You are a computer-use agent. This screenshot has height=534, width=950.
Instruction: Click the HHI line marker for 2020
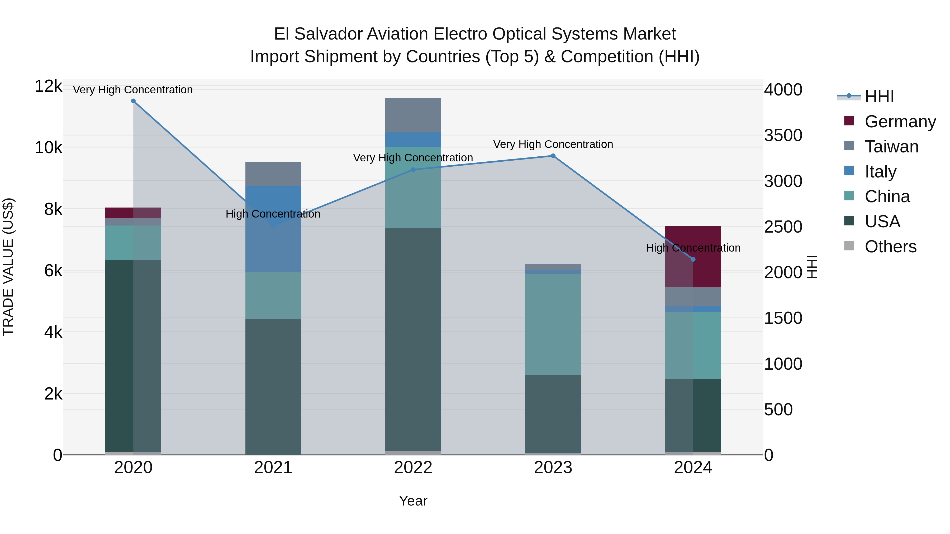pos(133,101)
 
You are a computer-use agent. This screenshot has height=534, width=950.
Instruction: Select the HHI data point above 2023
pos(553,156)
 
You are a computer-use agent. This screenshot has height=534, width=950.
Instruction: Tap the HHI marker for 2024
pos(693,259)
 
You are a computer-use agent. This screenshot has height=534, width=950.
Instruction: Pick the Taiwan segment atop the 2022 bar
pos(413,115)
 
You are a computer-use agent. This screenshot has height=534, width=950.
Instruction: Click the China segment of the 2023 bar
pos(553,324)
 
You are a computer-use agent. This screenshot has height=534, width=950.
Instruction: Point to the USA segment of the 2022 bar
pos(413,339)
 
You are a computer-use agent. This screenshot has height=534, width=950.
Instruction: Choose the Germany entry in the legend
pos(900,122)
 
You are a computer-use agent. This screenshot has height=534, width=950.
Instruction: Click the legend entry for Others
pos(890,247)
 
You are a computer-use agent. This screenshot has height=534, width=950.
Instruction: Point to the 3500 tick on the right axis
pos(783,135)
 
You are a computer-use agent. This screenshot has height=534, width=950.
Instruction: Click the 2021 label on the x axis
pos(273,468)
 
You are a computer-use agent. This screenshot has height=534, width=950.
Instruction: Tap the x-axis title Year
pos(413,501)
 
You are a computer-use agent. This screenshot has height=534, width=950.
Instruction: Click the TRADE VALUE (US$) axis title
pos(8,267)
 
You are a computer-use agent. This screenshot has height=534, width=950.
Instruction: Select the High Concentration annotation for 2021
pos(273,214)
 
